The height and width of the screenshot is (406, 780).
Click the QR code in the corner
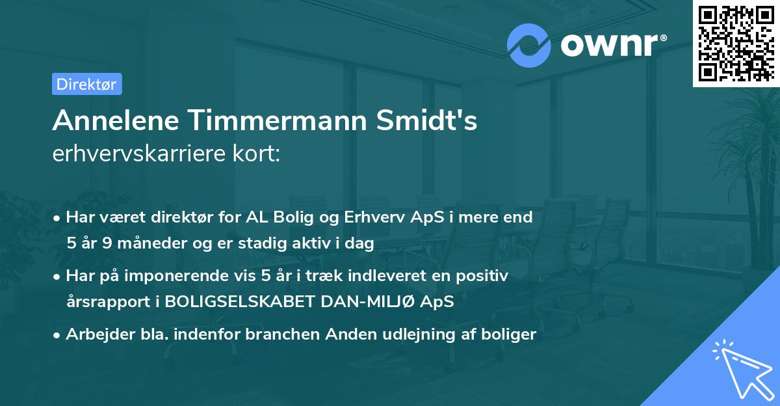735,44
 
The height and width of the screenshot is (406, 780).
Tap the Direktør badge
86,84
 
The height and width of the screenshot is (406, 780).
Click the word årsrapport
104,303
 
